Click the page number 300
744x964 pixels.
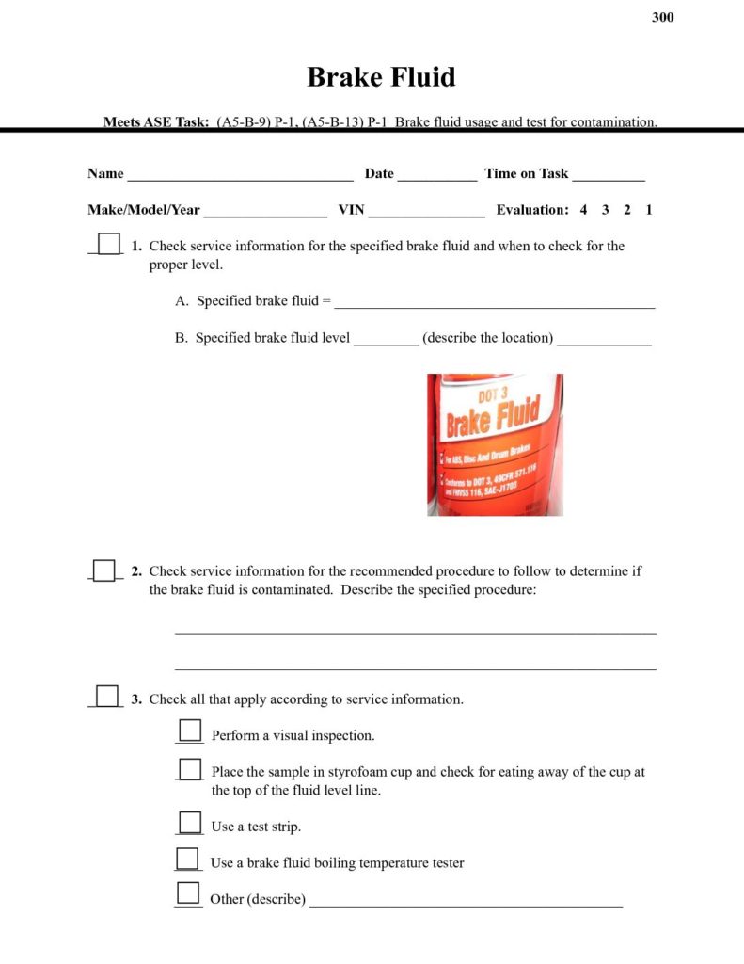click(662, 17)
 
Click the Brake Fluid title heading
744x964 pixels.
click(381, 76)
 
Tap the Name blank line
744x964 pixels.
click(240, 176)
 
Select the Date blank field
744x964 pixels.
click(436, 176)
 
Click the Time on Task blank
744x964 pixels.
click(608, 176)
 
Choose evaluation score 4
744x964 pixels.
click(583, 210)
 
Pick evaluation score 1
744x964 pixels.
click(649, 210)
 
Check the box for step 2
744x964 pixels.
click(104, 570)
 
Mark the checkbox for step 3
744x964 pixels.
click(107, 697)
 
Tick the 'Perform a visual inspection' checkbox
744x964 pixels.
click(190, 731)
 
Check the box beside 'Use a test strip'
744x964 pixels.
click(190, 823)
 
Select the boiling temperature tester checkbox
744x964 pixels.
click(188, 859)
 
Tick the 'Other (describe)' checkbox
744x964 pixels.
click(188, 893)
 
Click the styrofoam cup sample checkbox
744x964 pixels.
click(190, 769)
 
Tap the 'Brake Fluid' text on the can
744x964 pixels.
click(493, 420)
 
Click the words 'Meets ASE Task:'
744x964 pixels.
click(156, 121)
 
